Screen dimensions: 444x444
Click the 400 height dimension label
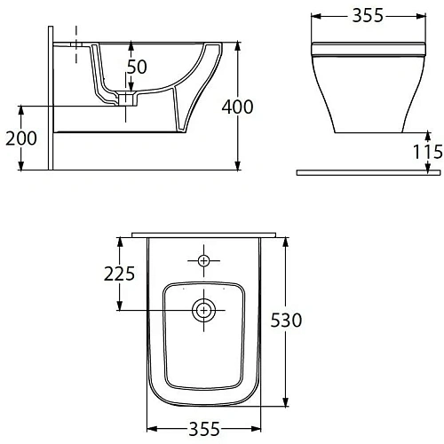coord(237,107)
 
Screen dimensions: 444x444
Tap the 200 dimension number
coord(21,139)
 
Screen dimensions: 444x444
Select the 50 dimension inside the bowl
coord(137,67)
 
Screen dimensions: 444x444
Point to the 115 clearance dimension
coord(428,152)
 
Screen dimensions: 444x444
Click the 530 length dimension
coord(286,321)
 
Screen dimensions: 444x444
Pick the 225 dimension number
coord(119,274)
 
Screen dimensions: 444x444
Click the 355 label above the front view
coord(368,15)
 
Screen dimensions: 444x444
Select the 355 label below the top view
coord(204,429)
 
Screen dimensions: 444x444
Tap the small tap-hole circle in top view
coord(203,261)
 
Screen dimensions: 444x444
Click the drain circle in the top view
coord(204,310)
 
